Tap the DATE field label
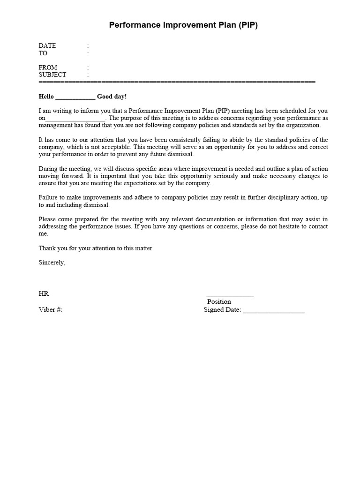pos(47,45)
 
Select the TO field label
pos(43,53)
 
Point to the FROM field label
pos(48,67)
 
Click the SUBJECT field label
pos(52,75)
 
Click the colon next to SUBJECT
pos(88,75)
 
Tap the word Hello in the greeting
pos(46,97)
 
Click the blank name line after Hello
pos(75,97)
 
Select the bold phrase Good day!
pos(112,97)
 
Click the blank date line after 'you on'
pos(75,119)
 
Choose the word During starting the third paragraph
pos(48,169)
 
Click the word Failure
pos(49,198)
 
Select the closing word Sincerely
pos(52,262)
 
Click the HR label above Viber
pos(44,293)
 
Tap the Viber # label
pos(50,310)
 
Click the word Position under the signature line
pos(219,301)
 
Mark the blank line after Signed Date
pos(274,311)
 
